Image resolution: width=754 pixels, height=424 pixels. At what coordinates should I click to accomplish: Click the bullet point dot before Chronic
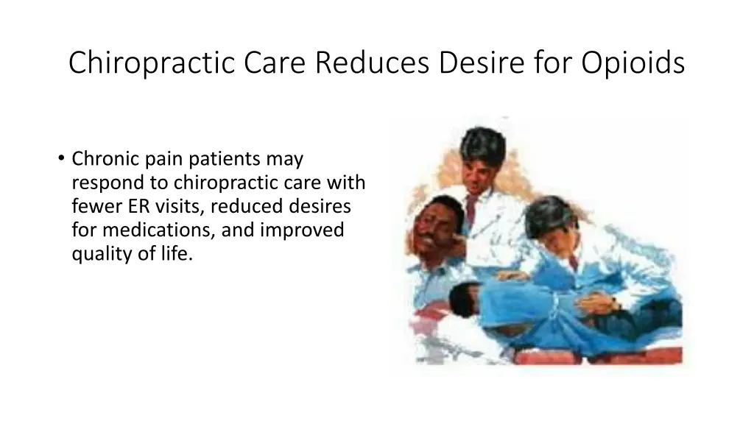click(x=59, y=158)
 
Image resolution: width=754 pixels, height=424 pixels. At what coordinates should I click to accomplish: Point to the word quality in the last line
click(x=98, y=255)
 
